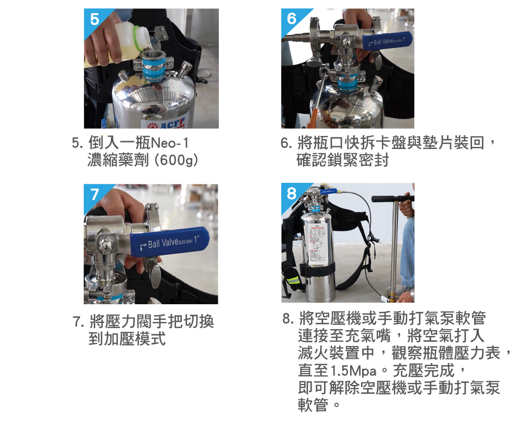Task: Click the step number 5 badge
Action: pos(94,19)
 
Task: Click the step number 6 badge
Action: pos(292,19)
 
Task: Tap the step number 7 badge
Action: pos(94,194)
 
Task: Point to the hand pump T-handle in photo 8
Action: pos(393,198)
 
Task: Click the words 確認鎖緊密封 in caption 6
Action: pos(342,160)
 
